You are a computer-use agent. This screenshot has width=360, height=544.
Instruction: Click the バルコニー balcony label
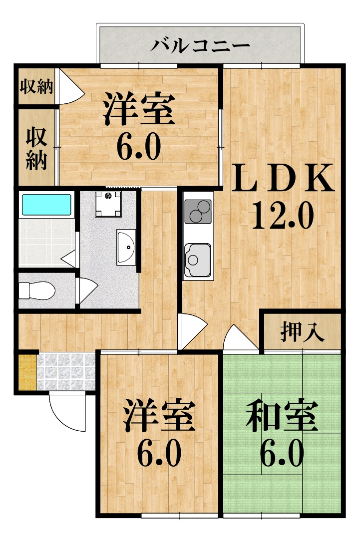click(x=200, y=46)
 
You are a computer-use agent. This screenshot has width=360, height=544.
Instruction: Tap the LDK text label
click(x=283, y=178)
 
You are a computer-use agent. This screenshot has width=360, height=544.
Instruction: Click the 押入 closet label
click(x=302, y=331)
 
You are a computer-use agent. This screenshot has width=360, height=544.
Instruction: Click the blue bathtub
click(x=46, y=205)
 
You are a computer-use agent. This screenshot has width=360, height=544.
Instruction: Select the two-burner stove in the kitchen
click(x=198, y=211)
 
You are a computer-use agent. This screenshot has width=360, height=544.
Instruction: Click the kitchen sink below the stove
click(x=198, y=260)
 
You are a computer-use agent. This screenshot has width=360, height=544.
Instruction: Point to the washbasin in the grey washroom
click(x=126, y=247)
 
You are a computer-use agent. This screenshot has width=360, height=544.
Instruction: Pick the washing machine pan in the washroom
click(x=108, y=204)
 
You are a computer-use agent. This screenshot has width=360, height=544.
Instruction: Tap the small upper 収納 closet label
click(x=36, y=86)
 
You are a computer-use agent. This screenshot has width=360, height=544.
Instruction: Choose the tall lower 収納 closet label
click(x=36, y=149)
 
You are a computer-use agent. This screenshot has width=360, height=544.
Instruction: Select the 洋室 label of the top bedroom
click(x=139, y=109)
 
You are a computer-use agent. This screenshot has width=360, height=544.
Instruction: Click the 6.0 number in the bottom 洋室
click(x=159, y=453)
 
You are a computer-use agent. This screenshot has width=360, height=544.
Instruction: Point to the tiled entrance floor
click(x=66, y=372)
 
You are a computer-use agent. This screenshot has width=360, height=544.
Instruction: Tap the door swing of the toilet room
click(x=88, y=290)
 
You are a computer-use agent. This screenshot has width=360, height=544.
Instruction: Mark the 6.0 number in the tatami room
click(x=282, y=453)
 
